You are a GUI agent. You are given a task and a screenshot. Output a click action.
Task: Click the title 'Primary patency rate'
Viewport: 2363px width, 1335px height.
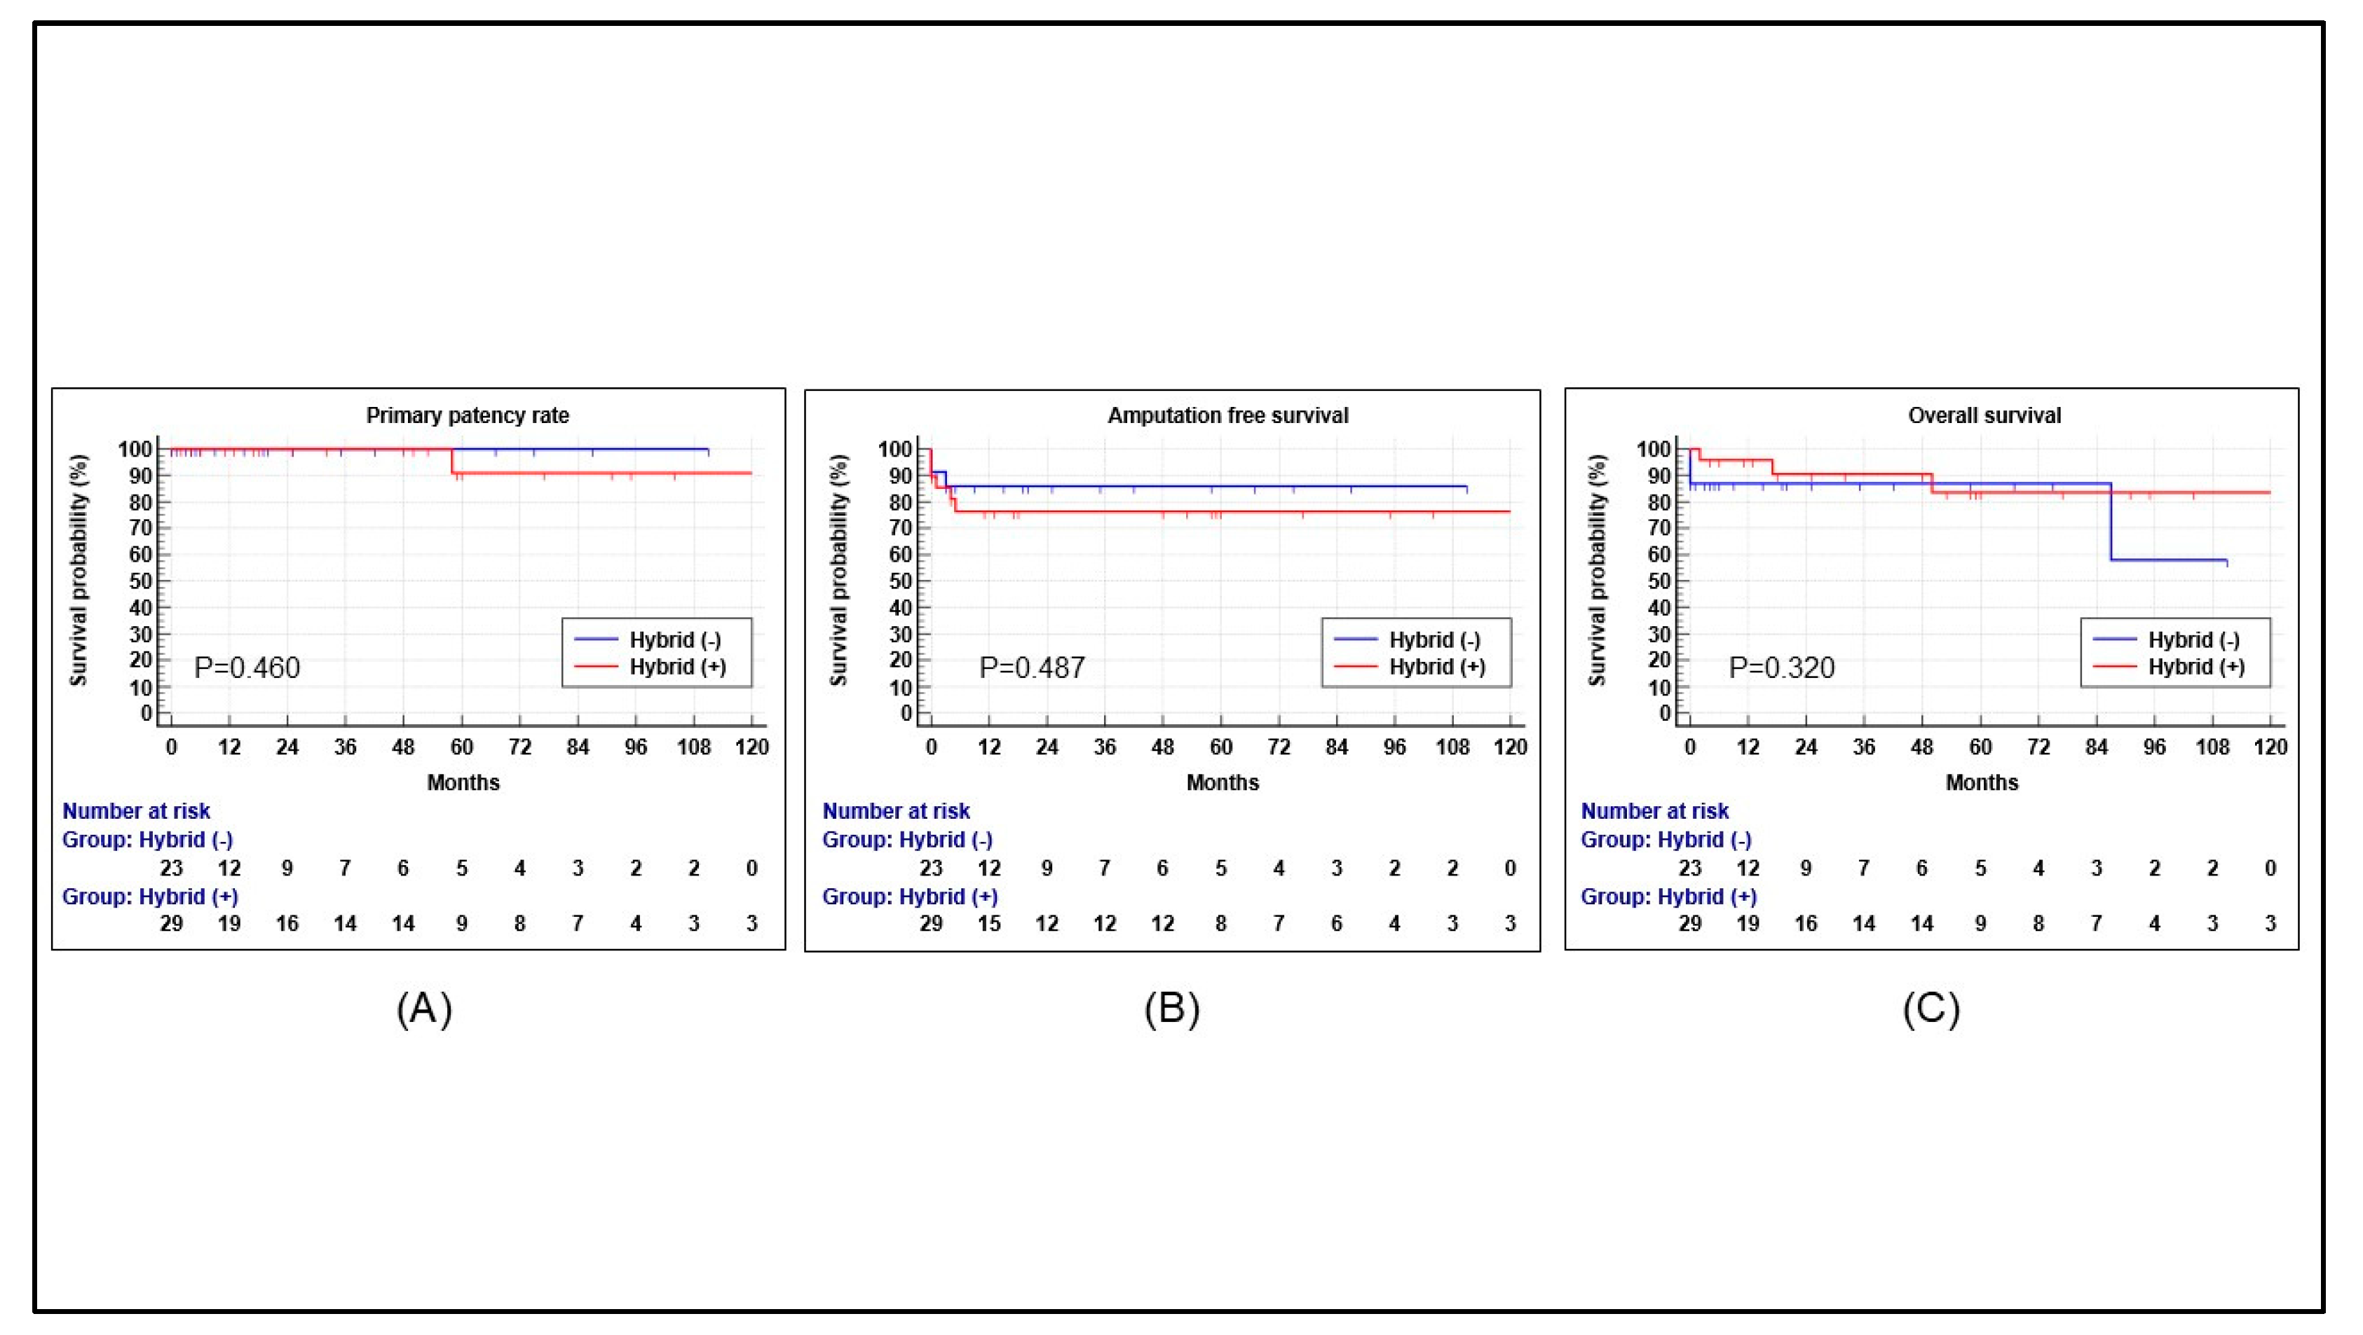coord(468,415)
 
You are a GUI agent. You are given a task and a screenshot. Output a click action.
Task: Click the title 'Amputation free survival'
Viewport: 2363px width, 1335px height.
coord(1227,415)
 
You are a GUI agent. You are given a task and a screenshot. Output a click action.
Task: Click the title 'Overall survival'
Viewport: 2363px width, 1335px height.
coord(1984,415)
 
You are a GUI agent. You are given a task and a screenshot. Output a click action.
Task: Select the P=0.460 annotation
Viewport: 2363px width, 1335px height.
coord(247,667)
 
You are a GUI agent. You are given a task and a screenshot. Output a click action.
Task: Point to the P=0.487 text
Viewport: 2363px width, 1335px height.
coord(1032,667)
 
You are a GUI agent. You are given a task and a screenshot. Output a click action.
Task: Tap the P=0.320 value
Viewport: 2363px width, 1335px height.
coord(1781,667)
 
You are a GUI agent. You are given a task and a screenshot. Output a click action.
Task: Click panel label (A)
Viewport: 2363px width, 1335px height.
coord(424,1009)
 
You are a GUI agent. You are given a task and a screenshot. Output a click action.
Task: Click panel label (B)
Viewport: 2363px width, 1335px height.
coord(1171,1009)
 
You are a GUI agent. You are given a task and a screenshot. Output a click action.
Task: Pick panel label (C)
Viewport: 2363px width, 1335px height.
coord(1931,1009)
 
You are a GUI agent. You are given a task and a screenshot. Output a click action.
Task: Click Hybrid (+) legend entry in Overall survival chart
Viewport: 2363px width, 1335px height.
coord(2196,667)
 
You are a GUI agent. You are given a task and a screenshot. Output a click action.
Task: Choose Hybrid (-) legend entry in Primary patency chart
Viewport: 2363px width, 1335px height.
coord(675,640)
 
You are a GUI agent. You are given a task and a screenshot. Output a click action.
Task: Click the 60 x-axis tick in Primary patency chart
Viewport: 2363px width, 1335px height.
coord(461,747)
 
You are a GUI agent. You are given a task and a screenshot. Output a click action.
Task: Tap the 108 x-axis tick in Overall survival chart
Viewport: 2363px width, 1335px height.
coord(2212,747)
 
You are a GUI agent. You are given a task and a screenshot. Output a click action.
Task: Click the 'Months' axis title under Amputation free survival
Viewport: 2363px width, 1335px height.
coord(1222,782)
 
